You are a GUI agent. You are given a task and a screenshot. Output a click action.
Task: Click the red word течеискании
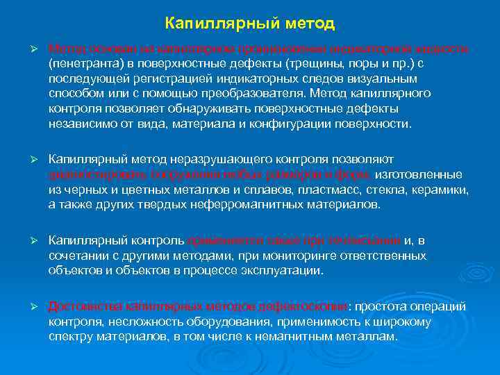[x=367, y=240]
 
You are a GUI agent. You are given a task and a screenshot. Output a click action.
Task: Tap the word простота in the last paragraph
[x=383, y=306]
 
